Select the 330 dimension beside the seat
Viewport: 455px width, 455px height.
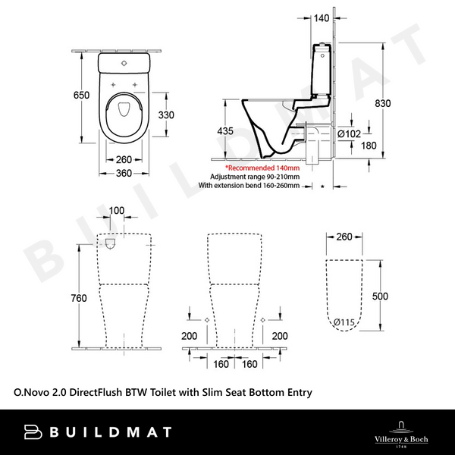coord(167,115)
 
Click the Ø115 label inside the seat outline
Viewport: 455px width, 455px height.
coord(345,323)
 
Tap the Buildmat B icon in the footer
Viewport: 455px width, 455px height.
coord(33,432)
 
